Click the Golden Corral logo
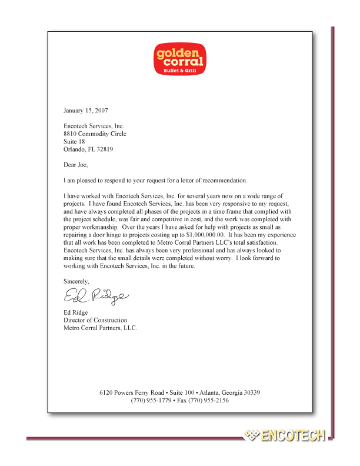[180, 59]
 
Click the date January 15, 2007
[85, 110]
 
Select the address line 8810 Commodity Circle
[95, 134]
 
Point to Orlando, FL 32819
[88, 149]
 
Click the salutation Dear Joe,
[77, 165]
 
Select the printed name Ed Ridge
[75, 312]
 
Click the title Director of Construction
[95, 320]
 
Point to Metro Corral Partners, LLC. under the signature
[100, 328]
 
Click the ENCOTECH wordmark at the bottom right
[293, 436]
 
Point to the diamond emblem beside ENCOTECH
[251, 436]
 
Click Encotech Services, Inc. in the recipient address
[94, 126]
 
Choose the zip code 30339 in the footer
[250, 392]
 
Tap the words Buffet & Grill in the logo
[180, 70]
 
